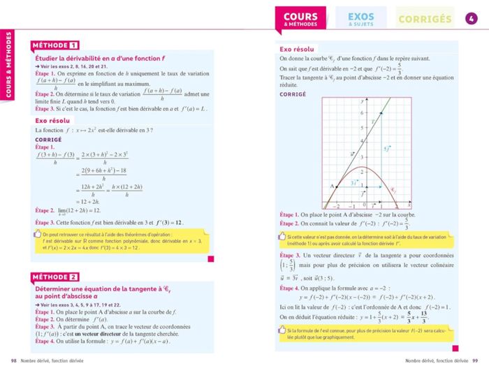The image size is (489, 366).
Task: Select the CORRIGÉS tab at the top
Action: click(x=425, y=19)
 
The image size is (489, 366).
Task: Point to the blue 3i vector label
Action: click(x=354, y=182)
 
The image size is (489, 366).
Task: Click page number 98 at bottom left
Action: click(x=12, y=360)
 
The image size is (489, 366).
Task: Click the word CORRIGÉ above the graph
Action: click(x=293, y=94)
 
